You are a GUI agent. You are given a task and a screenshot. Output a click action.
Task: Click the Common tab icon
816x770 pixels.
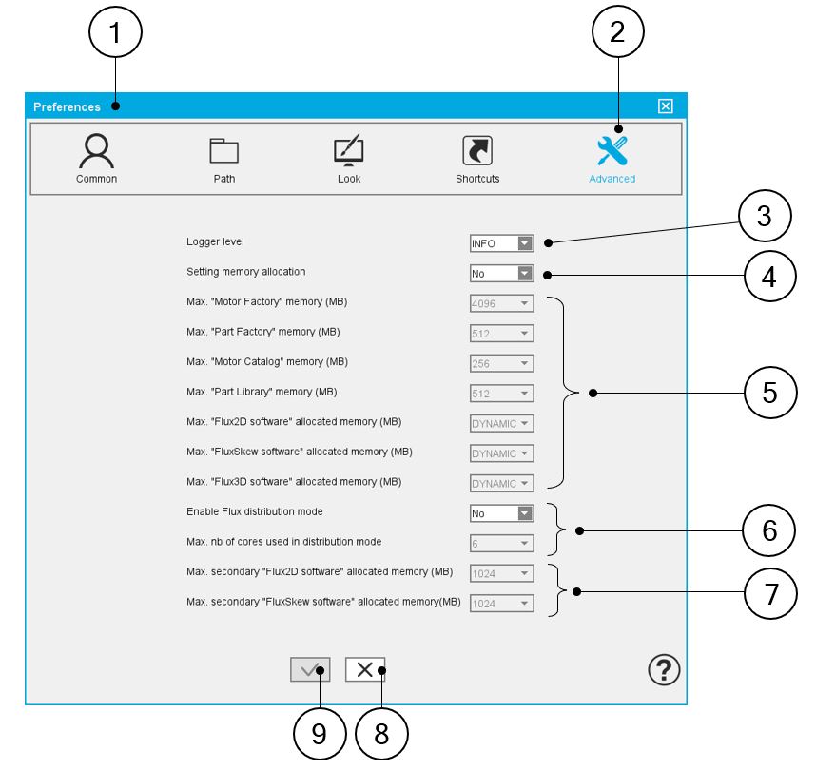96,150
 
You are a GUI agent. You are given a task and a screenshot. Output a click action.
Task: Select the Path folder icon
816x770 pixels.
223,151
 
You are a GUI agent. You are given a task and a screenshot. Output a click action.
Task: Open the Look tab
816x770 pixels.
349,151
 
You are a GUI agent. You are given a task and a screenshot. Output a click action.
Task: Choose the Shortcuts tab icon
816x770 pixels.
476,150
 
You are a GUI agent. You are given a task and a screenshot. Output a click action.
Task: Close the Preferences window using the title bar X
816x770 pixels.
666,106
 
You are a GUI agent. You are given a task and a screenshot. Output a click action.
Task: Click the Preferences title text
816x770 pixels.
67,106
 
